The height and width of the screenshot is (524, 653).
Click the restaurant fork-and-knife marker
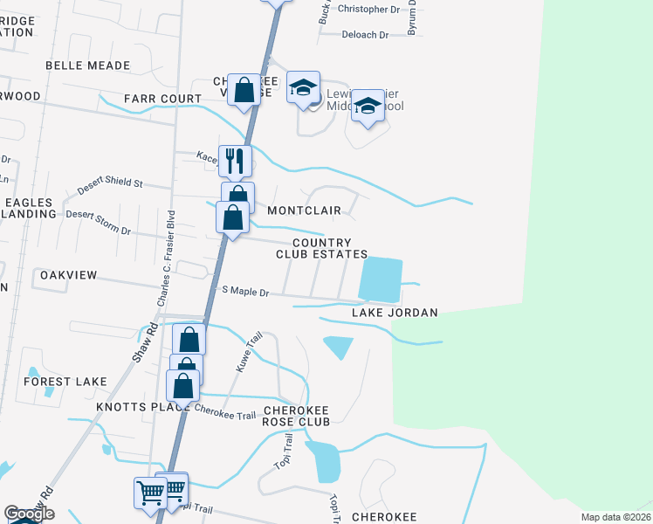point(235,160)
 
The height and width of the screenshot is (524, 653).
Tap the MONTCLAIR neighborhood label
point(304,210)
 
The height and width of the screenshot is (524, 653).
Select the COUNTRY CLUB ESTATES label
point(321,249)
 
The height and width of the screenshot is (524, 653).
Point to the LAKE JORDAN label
point(394,313)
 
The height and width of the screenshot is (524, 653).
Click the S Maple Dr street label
point(245,292)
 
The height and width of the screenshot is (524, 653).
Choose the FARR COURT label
point(162,99)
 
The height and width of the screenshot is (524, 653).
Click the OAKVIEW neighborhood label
point(69,275)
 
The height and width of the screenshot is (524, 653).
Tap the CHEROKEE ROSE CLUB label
point(296,416)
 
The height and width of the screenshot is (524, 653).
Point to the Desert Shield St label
point(110,183)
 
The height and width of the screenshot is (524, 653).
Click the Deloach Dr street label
point(364,35)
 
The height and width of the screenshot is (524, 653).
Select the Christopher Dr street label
point(368,10)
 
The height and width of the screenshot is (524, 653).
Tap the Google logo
point(28,514)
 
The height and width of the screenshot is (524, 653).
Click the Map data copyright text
point(616,517)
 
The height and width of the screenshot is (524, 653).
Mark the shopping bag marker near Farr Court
point(244,89)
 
